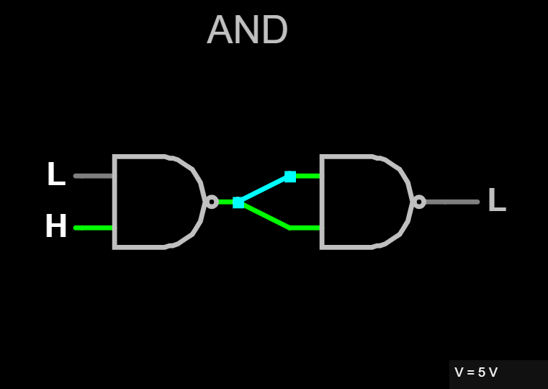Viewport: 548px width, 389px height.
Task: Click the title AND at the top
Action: tap(247, 30)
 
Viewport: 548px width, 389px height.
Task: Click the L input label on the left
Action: tap(55, 174)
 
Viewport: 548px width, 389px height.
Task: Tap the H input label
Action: tap(56, 227)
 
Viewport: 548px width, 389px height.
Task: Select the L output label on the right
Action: tap(497, 201)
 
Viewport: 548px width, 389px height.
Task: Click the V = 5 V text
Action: tap(476, 372)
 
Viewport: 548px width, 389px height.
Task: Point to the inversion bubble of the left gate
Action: tap(211, 202)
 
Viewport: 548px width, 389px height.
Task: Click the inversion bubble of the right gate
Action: tap(418, 202)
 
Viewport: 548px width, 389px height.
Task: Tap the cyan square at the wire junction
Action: tap(238, 202)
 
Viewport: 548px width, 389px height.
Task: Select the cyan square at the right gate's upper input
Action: tap(290, 176)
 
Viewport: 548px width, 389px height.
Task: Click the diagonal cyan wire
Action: tap(264, 189)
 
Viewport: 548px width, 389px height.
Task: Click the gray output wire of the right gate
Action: tap(452, 202)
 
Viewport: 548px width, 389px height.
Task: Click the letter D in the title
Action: tap(274, 31)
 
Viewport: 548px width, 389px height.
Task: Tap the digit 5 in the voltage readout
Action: tap(481, 372)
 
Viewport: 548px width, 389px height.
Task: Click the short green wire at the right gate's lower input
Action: tap(305, 228)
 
